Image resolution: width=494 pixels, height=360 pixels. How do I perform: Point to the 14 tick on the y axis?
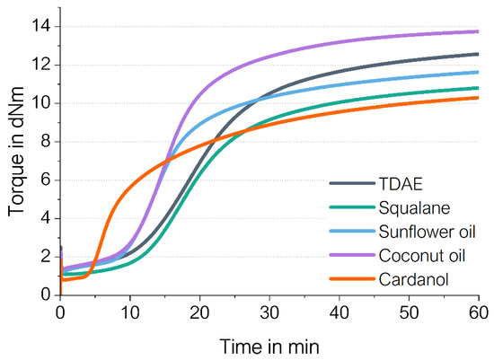click(43, 26)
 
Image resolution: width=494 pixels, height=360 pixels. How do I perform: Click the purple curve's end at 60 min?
click(478, 31)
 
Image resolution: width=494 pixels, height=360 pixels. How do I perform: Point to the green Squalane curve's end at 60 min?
click(478, 88)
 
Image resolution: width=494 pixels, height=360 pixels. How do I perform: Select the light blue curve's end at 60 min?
click(478, 72)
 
